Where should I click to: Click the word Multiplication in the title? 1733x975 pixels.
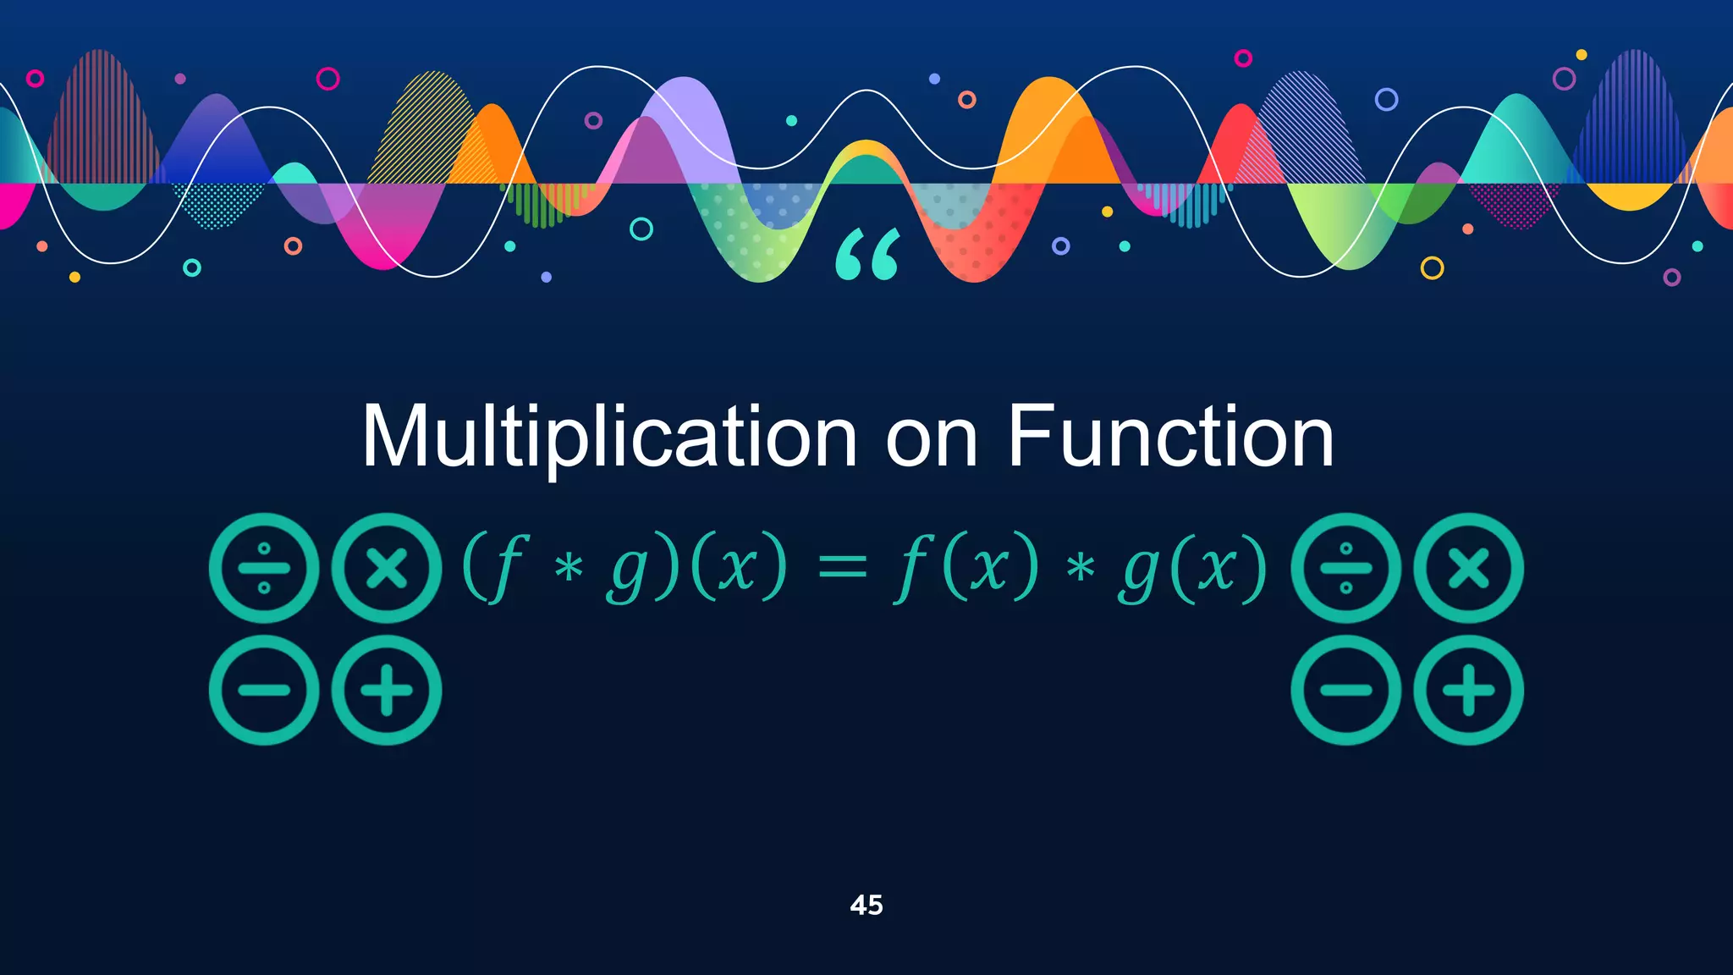609,438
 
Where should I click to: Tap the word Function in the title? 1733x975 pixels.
1170,438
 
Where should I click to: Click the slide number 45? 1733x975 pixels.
866,905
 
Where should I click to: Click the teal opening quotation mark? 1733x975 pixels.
868,255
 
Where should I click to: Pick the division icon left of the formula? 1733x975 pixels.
264,568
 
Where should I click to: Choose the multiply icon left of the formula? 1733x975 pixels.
387,568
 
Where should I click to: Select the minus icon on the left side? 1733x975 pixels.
264,690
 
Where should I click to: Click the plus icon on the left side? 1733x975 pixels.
387,690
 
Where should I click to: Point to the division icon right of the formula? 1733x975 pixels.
1346,568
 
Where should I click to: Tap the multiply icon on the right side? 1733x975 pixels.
1469,568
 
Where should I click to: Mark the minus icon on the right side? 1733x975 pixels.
1346,690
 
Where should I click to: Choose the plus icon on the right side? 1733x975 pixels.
1469,690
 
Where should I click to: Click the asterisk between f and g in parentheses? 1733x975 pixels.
569,568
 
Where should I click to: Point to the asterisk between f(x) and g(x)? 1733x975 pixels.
1081,568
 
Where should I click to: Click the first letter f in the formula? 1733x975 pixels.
504,567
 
